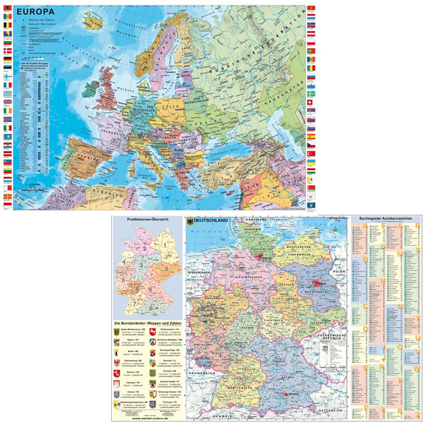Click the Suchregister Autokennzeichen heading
[x=385, y=219]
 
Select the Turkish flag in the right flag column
[x=311, y=153]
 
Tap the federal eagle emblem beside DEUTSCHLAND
[x=190, y=222]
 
